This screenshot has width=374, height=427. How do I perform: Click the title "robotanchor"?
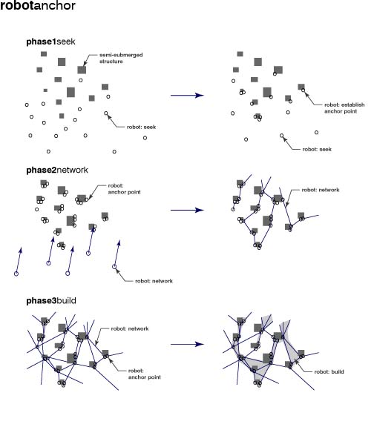(38, 5)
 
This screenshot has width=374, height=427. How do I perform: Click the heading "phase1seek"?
(50, 42)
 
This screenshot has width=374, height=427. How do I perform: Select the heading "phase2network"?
(57, 171)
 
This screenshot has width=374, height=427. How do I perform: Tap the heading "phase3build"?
(51, 301)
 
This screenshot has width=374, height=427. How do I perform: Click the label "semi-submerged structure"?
(121, 58)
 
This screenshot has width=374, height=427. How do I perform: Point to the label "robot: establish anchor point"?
(344, 107)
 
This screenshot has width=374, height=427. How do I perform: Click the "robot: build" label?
(329, 371)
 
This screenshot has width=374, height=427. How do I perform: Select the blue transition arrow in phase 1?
(187, 96)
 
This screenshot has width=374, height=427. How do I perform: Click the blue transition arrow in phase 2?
(187, 210)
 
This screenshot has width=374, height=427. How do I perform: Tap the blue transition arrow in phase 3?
(187, 344)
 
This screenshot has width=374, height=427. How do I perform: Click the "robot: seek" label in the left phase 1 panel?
(141, 127)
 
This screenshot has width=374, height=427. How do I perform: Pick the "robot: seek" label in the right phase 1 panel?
(317, 149)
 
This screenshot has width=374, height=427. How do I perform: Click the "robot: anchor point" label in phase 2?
(125, 189)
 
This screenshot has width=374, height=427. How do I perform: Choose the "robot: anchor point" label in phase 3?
(145, 374)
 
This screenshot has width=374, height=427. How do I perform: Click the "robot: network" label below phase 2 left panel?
(154, 281)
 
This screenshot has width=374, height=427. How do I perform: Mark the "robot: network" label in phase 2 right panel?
(321, 190)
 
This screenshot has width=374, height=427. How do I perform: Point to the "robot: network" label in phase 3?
(130, 328)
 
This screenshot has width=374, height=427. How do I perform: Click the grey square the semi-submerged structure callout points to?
(82, 70)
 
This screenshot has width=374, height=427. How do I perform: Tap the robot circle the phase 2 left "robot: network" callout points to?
(114, 267)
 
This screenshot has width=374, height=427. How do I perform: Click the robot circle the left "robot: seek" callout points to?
(106, 113)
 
